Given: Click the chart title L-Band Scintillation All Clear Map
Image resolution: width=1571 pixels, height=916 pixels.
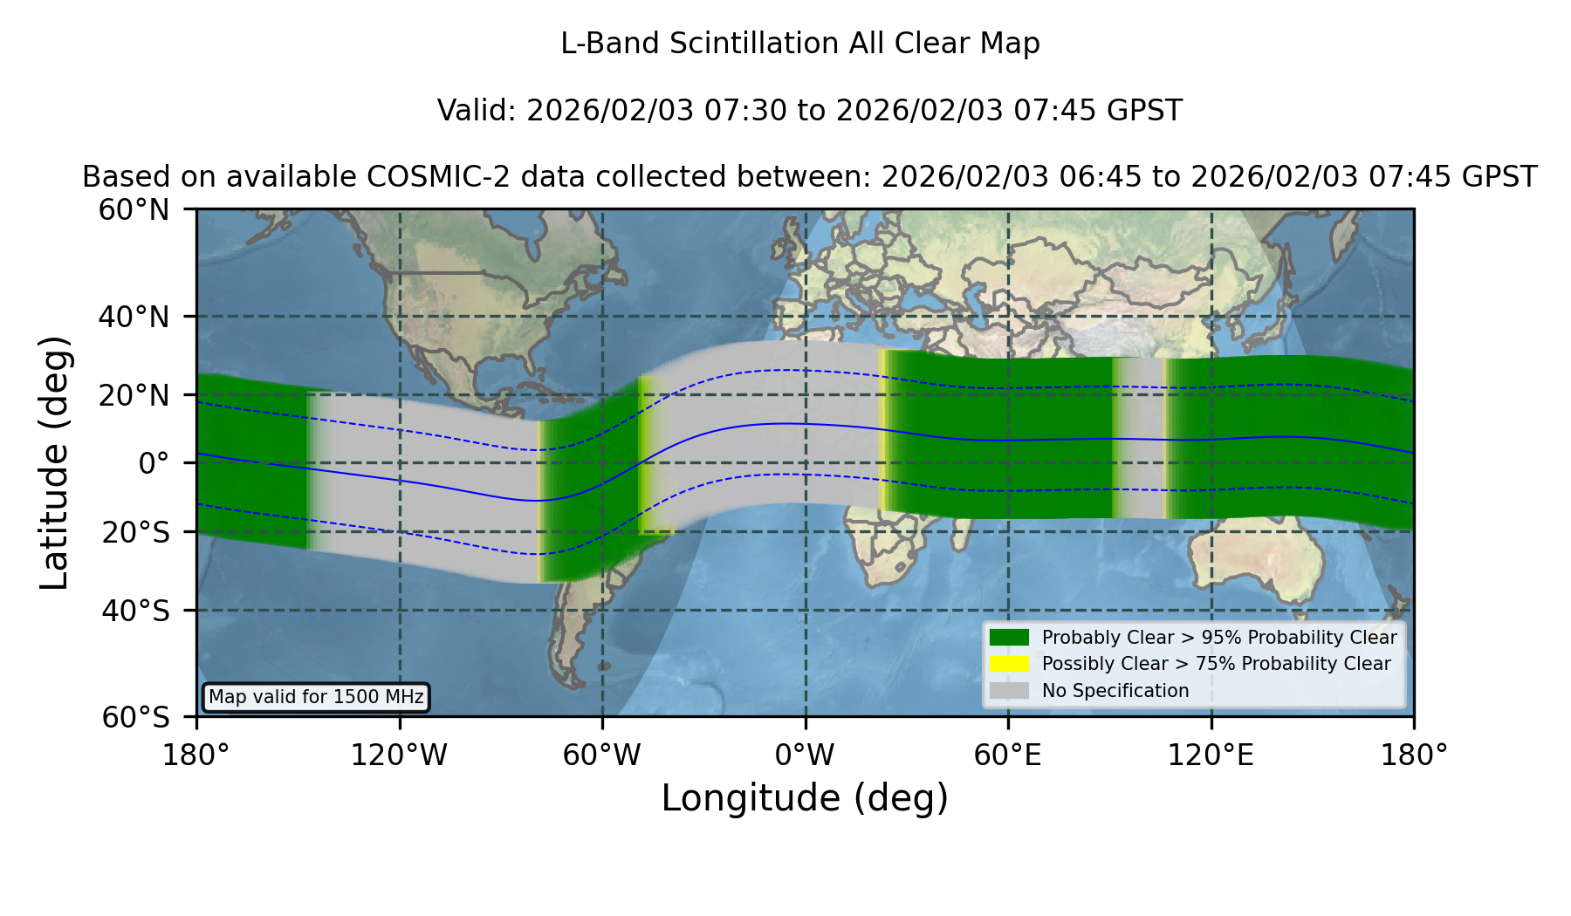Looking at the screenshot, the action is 800,44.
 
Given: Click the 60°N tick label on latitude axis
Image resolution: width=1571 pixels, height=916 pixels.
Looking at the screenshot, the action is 134,209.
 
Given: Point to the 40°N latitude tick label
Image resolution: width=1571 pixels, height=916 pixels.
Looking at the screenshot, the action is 134,317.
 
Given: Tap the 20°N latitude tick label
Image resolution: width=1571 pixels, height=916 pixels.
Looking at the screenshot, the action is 134,395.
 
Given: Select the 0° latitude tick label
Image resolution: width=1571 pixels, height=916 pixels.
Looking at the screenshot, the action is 154,462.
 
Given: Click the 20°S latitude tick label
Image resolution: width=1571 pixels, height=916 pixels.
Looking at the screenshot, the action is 135,531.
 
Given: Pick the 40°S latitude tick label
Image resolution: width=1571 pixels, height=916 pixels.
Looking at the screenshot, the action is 135,611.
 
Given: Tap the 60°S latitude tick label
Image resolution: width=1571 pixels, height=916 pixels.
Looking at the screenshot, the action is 135,717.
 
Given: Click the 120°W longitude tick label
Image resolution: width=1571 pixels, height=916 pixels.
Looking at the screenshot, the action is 399,755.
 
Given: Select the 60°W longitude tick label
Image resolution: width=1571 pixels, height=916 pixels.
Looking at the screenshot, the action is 602,755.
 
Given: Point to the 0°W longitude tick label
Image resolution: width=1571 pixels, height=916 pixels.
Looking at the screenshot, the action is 805,755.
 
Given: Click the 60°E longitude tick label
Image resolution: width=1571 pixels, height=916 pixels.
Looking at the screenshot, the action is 1008,755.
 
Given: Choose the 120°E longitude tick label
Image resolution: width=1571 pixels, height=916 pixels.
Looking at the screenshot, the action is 1211,755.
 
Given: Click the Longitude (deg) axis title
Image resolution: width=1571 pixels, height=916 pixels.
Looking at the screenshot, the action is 805,798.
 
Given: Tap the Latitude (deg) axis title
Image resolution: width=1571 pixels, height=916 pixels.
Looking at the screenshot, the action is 54,462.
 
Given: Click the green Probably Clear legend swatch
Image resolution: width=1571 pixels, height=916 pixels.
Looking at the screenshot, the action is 1009,638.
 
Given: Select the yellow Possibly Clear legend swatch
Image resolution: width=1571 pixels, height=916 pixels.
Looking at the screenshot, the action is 1009,664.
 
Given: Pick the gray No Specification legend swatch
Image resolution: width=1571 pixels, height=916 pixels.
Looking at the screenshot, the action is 1009,691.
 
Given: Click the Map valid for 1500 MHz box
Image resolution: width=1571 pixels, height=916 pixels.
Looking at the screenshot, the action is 316,697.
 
